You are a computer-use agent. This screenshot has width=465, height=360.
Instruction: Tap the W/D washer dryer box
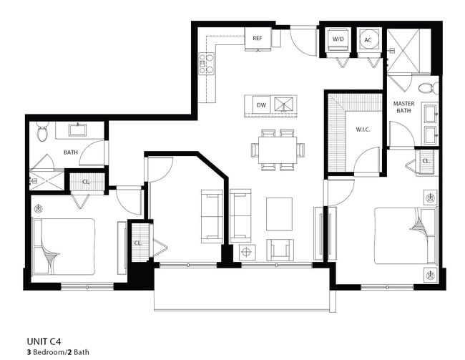[x=338, y=39]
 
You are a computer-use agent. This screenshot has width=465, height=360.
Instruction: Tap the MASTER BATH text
[x=404, y=107]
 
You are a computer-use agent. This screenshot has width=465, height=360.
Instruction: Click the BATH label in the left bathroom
[x=71, y=152]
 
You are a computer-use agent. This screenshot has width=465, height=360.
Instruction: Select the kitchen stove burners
[x=206, y=63]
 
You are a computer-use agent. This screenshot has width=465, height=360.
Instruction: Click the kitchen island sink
[x=285, y=106]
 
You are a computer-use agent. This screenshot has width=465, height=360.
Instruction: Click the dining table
[x=278, y=150]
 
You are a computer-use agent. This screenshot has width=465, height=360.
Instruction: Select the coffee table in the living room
[x=279, y=213]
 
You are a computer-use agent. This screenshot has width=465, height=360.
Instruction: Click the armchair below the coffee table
[x=279, y=250]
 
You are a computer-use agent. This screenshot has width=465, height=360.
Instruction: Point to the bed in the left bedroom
[x=64, y=245]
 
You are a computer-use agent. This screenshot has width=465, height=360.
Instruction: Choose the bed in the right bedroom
[x=404, y=235]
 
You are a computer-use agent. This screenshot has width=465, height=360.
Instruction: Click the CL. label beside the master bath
[x=425, y=161]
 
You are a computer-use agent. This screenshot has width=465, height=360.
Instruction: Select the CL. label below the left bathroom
[x=86, y=181]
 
